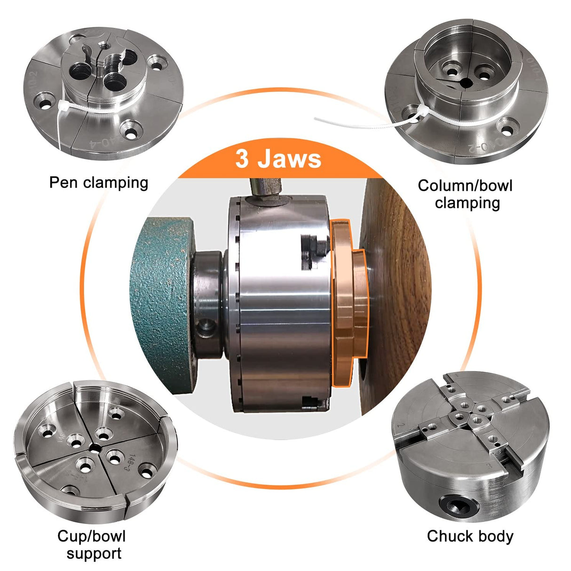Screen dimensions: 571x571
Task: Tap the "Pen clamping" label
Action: point(98,182)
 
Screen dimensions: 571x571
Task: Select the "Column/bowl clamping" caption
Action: point(465,194)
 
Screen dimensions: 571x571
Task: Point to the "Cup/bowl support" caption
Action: point(92,544)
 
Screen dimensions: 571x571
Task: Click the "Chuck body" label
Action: point(470,536)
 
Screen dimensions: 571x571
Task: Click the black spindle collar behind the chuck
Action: point(207,301)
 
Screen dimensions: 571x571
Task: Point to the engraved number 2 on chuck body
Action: point(401,426)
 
